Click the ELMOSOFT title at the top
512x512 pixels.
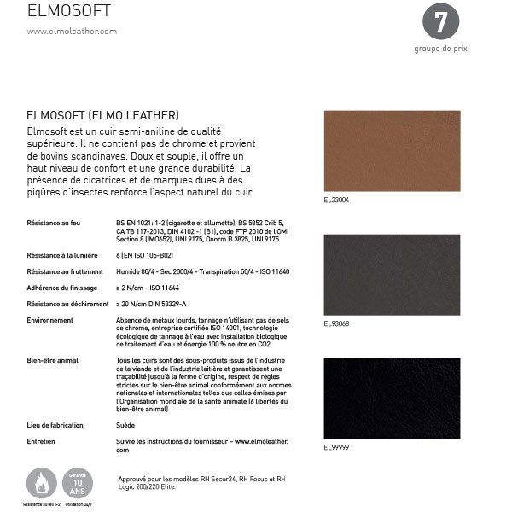68,11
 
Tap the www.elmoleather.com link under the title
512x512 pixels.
72,32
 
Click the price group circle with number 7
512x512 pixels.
440,23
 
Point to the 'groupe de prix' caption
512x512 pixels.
440,49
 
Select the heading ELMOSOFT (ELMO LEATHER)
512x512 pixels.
102,114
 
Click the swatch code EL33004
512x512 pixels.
336,201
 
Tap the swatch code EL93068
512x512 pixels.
336,324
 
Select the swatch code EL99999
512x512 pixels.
336,447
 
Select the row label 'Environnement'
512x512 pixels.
49,319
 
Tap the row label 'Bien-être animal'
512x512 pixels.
52,360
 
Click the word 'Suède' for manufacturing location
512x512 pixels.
125,424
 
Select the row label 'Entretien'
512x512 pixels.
42,441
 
